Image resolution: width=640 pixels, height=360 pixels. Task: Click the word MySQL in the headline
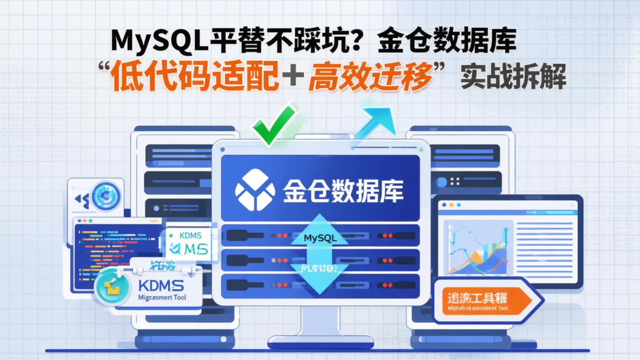click(x=160, y=41)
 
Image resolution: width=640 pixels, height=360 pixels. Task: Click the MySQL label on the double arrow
click(x=320, y=238)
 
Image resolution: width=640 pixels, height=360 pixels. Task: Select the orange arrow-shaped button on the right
click(x=487, y=301)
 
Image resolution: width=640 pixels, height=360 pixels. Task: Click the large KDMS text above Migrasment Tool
click(x=161, y=285)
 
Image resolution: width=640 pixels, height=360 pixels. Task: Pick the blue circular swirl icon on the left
click(x=106, y=196)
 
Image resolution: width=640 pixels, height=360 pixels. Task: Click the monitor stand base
click(x=320, y=342)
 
